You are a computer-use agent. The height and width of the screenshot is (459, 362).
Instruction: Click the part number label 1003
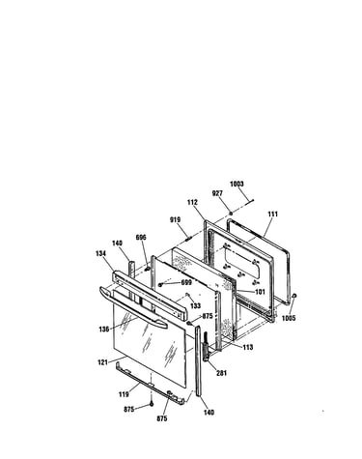(x=237, y=184)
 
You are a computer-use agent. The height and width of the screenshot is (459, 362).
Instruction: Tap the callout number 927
(x=217, y=193)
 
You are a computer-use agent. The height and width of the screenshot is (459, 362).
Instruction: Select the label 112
(x=192, y=202)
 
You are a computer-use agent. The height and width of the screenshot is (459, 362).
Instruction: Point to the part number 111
(x=272, y=214)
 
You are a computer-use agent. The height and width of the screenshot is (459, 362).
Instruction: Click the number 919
(x=175, y=219)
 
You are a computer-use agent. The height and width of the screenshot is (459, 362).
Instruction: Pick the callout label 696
(x=141, y=238)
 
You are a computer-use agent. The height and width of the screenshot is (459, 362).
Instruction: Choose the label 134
(x=100, y=254)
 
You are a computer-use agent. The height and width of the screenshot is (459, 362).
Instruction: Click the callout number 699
(x=186, y=282)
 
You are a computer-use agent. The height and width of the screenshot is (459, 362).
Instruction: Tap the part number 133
(x=195, y=305)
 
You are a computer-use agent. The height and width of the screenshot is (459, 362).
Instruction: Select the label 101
(x=260, y=292)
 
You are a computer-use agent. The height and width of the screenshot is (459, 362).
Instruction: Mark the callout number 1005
(x=289, y=319)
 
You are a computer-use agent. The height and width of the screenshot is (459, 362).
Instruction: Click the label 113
(x=248, y=347)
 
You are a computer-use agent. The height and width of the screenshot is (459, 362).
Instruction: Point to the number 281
(x=221, y=373)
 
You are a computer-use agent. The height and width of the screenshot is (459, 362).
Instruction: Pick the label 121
(x=102, y=362)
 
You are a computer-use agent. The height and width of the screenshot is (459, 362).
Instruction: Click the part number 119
(x=124, y=394)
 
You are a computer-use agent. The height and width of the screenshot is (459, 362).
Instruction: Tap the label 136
(x=104, y=330)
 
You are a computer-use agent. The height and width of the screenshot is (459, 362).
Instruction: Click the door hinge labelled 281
(x=206, y=347)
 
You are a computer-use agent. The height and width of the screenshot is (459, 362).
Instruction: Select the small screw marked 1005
(x=294, y=296)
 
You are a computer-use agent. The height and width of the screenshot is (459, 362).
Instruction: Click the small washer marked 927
(x=231, y=214)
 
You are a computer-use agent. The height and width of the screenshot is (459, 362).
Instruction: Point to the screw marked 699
(x=160, y=284)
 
